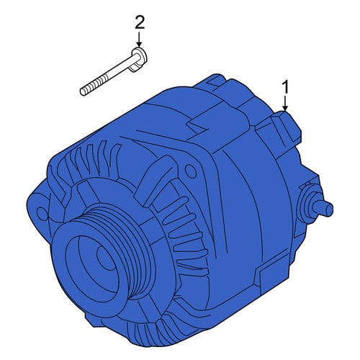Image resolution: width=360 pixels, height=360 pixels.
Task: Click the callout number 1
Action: click(285, 88)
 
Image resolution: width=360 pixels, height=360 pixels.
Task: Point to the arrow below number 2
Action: click(139, 40)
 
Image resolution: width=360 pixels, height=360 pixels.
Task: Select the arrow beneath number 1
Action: click(285, 104)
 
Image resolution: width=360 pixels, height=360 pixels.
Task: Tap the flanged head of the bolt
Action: click(139, 59)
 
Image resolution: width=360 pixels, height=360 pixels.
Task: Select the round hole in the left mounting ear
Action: click(41, 212)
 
